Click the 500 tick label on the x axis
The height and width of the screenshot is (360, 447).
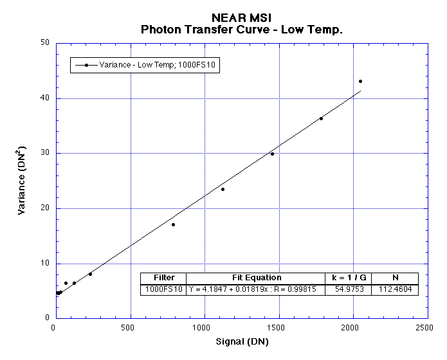(x=131, y=328)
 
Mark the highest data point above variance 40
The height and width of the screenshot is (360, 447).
(x=360, y=81)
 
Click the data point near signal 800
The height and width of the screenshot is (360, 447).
(x=173, y=224)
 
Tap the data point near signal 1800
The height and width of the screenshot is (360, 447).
(x=321, y=118)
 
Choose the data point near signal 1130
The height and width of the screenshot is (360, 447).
(x=223, y=189)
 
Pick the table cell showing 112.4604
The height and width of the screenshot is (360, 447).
(x=395, y=290)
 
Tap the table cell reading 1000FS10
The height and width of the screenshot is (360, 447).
(x=164, y=290)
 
